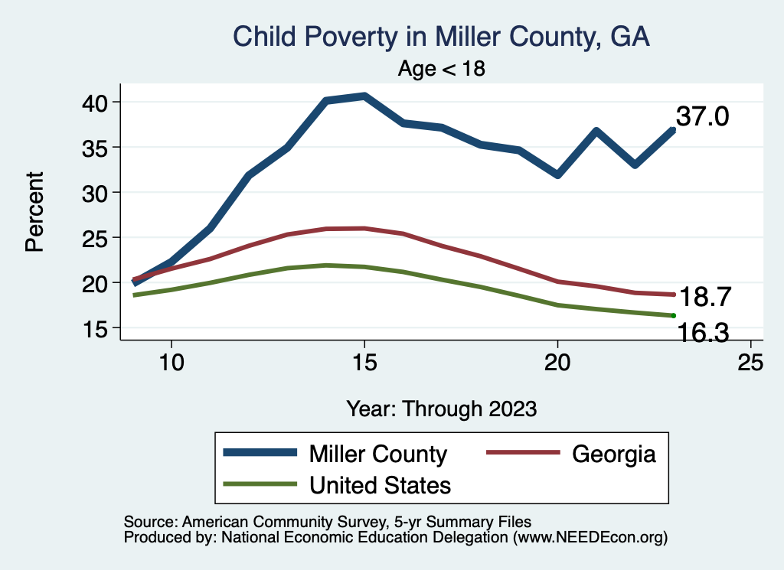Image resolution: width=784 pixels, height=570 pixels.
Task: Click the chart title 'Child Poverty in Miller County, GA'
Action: click(x=441, y=37)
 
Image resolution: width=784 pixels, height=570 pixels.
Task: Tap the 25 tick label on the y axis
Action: click(x=98, y=238)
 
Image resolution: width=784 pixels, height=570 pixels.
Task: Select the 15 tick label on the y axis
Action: click(x=98, y=328)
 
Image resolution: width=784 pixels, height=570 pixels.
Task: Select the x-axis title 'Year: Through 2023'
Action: click(x=441, y=408)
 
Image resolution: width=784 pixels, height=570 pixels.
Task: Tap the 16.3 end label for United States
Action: click(x=701, y=332)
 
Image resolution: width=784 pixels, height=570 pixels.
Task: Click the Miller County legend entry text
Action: click(x=377, y=454)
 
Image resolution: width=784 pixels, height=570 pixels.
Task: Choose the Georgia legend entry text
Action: click(x=614, y=454)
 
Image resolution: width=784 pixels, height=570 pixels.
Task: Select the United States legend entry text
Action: click(x=380, y=485)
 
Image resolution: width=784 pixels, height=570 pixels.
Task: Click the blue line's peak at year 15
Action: click(x=364, y=96)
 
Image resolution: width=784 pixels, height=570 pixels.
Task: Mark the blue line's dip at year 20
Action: click(x=557, y=175)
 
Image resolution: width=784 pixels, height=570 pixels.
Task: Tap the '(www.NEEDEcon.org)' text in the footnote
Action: click(x=590, y=537)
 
